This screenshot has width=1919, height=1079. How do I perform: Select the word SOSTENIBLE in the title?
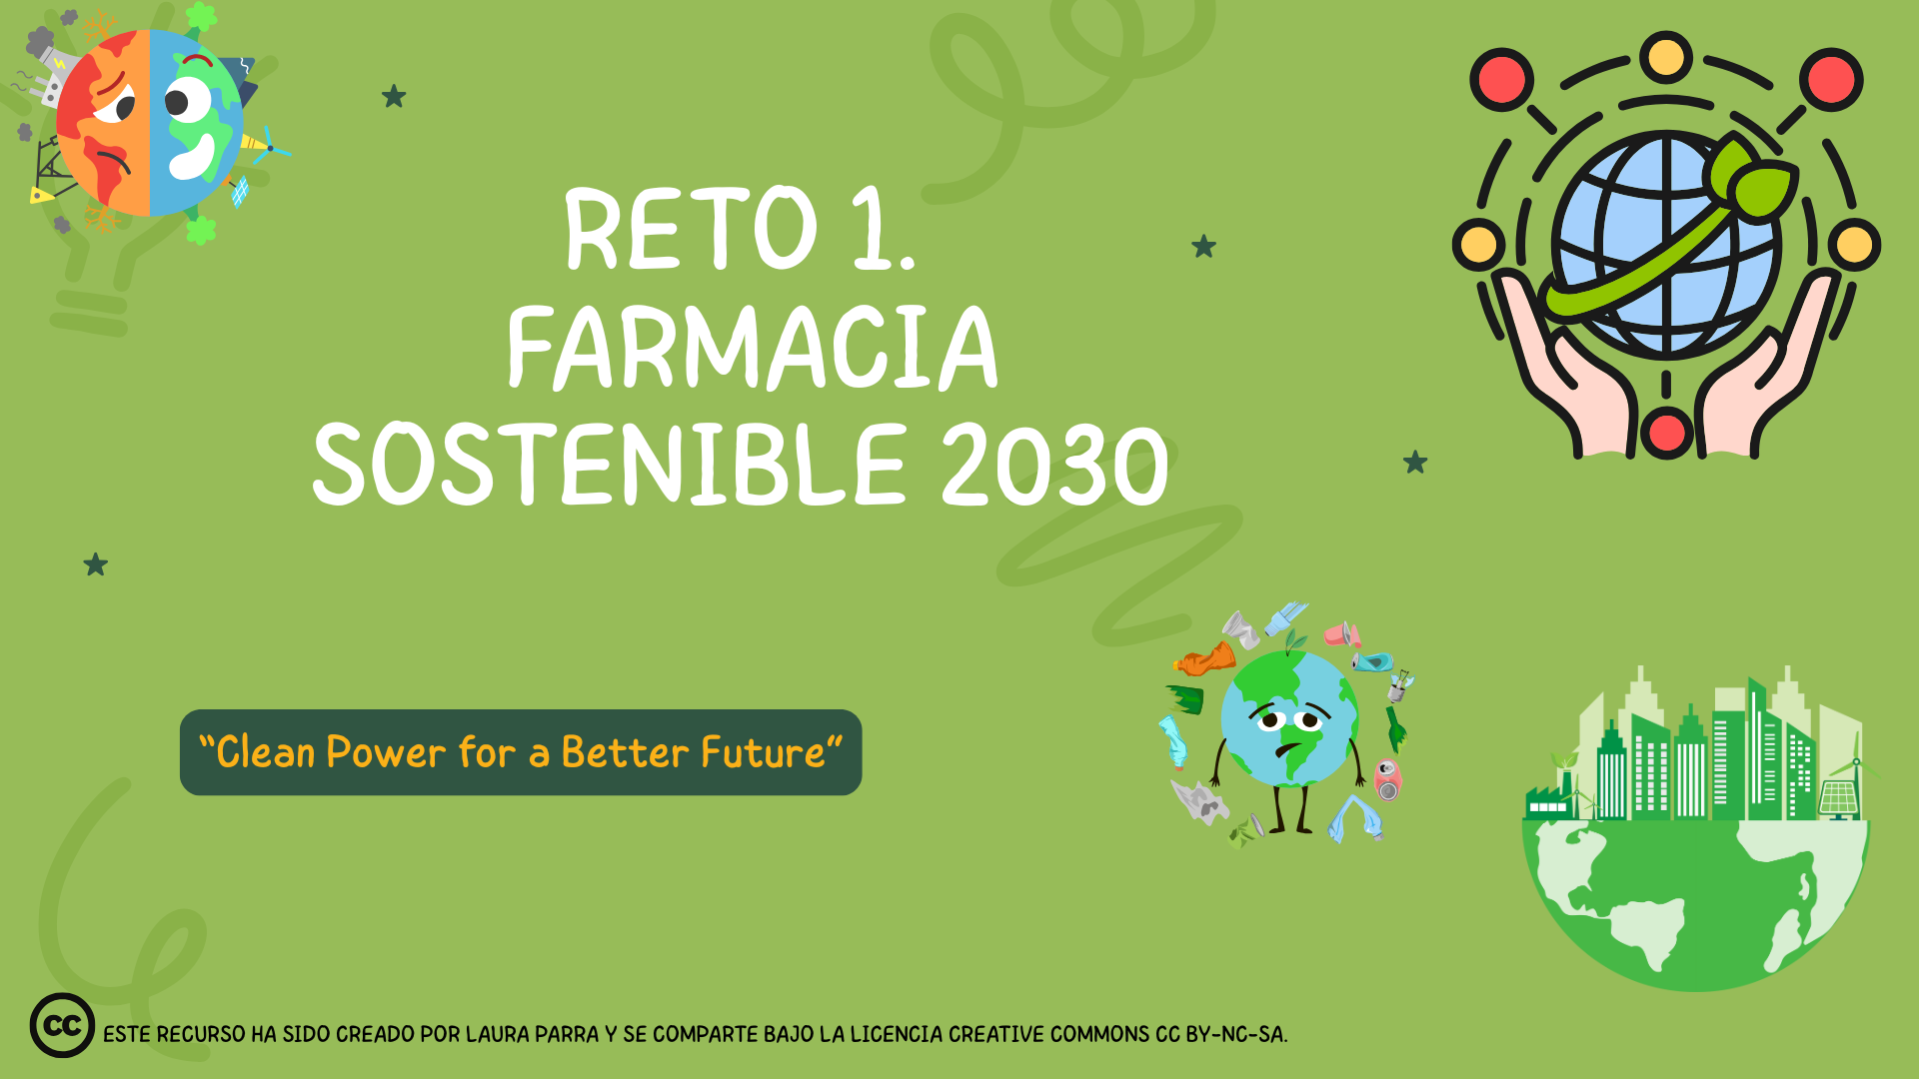[x=610, y=464]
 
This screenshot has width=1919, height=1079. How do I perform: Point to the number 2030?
[x=1055, y=465]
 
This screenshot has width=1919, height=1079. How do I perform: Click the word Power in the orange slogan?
[x=386, y=752]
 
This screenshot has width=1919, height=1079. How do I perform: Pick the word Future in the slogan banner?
[x=763, y=752]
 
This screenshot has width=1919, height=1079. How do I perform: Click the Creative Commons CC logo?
[x=62, y=1025]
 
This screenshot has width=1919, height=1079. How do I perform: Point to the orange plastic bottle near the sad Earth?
[x=1205, y=660]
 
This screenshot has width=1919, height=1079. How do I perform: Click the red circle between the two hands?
[x=1666, y=433]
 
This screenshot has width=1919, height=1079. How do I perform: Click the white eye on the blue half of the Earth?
[x=187, y=101]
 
